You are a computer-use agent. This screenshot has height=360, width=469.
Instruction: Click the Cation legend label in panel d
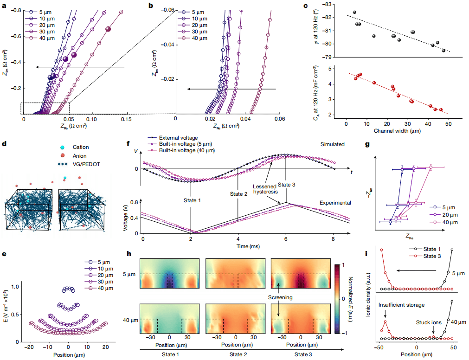(81, 147)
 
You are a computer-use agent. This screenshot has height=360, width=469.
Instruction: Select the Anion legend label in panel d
(80, 156)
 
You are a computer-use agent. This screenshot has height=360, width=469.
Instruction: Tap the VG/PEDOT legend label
(86, 164)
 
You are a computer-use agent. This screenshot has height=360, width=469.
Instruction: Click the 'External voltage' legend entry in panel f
(178, 138)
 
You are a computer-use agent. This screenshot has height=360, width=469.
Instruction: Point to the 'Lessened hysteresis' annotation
(265, 189)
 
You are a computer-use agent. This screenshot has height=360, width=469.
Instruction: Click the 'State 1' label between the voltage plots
(192, 200)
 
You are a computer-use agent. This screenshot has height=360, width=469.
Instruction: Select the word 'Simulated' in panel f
(332, 144)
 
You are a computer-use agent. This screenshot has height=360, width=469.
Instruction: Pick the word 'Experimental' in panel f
(335, 203)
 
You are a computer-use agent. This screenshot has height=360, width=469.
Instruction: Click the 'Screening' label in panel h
(280, 297)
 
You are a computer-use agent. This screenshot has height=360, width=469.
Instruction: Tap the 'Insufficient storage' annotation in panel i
(401, 305)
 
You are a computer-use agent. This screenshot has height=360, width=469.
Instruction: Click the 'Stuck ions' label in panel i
(429, 322)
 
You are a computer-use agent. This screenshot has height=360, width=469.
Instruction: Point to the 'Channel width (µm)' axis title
(397, 131)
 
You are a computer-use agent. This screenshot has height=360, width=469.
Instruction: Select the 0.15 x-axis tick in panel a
(126, 119)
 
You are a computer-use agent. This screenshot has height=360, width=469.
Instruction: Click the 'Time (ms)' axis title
(248, 246)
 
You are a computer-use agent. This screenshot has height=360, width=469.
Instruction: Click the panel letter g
(367, 145)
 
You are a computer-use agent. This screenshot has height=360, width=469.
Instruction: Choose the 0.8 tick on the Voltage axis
(135, 202)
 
